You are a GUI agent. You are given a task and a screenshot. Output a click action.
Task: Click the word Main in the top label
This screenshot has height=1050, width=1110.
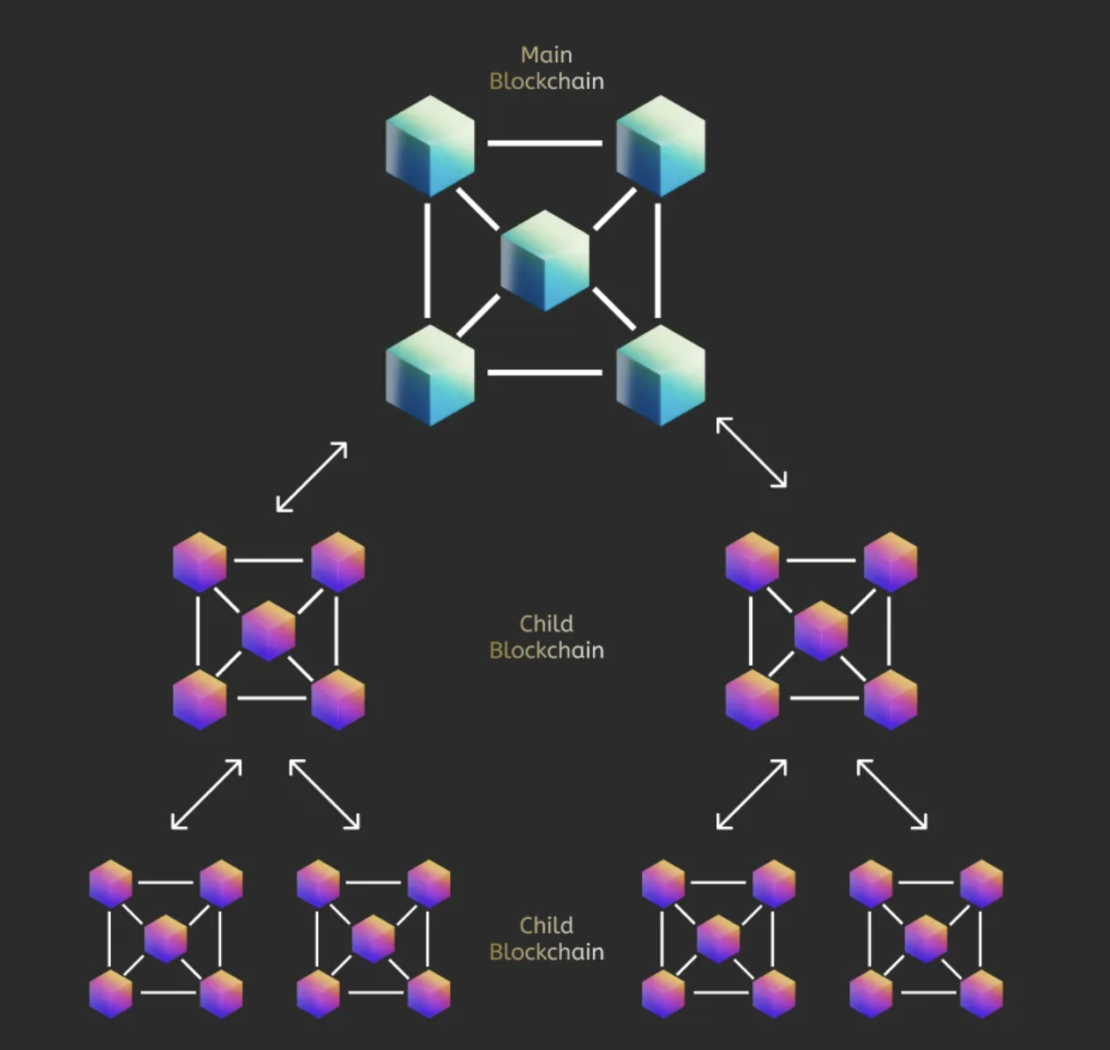(546, 55)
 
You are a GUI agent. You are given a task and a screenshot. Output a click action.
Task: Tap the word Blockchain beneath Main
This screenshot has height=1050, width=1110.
(546, 81)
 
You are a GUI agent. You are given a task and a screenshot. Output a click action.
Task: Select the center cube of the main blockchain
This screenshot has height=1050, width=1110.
(545, 260)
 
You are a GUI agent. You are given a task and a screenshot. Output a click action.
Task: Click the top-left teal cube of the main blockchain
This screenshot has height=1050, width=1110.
(430, 145)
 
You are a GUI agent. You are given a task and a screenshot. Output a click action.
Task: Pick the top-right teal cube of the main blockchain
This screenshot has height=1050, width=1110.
(661, 145)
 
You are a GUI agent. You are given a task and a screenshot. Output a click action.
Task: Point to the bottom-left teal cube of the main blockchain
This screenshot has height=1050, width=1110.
(430, 374)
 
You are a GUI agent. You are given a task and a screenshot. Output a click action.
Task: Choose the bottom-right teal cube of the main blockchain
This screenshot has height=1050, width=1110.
(661, 374)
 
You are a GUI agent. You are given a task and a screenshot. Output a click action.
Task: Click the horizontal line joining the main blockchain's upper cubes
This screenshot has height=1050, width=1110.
(544, 143)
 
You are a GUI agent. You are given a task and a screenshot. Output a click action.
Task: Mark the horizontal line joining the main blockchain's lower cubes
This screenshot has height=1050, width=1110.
(544, 373)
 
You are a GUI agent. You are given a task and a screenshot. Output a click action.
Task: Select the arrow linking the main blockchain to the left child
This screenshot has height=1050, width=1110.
(312, 477)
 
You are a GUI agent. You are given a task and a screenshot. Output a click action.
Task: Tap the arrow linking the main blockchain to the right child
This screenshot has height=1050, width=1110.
(751, 452)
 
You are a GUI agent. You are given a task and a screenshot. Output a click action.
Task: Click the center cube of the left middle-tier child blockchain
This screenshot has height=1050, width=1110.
(269, 630)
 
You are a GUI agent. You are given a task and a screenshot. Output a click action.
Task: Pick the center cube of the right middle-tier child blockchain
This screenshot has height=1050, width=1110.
(821, 630)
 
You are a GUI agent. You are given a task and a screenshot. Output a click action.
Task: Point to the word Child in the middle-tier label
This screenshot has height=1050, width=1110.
(546, 624)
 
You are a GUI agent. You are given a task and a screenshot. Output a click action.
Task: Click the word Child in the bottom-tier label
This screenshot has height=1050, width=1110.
(546, 925)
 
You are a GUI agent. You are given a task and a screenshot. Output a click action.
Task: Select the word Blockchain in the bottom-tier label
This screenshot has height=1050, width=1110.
(546, 952)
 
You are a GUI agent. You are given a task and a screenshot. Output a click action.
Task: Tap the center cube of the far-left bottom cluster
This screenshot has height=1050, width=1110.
(166, 938)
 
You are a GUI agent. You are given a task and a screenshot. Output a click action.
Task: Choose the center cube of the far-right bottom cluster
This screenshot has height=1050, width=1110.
(926, 938)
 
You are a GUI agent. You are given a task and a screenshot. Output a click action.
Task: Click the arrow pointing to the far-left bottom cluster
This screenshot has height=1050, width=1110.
(206, 795)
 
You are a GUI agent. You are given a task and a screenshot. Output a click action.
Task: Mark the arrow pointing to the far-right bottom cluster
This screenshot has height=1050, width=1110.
(892, 795)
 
